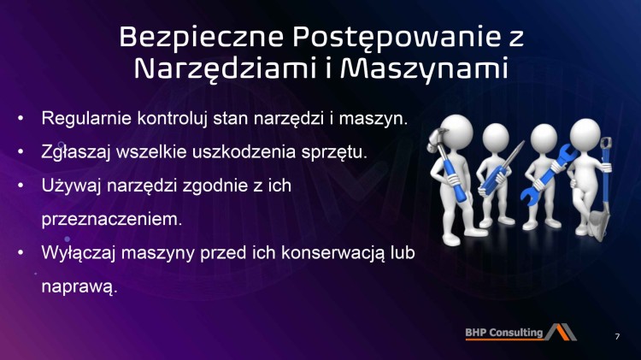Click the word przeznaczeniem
(112, 218)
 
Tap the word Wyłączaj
(75, 252)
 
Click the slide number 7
(617, 335)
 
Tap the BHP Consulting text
(504, 333)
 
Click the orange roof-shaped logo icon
(562, 332)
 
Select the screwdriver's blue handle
(491, 178)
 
